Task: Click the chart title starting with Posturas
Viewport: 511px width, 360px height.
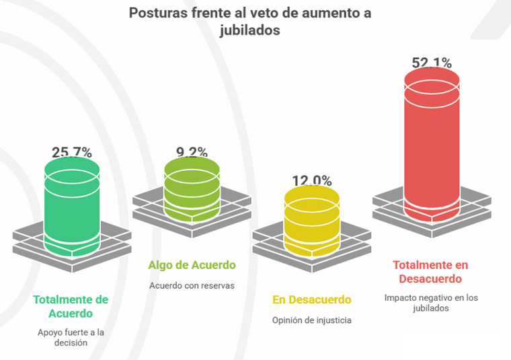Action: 249,22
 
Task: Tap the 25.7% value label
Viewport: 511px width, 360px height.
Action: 72,152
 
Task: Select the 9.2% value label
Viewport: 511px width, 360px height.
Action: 192,151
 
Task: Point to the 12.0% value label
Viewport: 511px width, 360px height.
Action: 311,180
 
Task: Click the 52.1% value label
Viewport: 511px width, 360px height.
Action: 431,63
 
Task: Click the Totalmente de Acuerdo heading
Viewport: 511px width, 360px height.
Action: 71,306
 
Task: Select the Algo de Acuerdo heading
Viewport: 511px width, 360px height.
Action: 192,265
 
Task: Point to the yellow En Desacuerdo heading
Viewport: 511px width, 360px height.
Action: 311,299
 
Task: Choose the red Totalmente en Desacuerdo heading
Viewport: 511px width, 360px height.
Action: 430,271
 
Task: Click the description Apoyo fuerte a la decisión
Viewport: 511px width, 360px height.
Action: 71,337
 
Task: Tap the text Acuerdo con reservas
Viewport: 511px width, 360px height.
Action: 192,285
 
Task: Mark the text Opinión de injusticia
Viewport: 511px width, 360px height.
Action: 311,320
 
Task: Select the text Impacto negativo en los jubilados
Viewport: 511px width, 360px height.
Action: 430,302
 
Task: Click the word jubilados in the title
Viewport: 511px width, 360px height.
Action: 249,30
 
